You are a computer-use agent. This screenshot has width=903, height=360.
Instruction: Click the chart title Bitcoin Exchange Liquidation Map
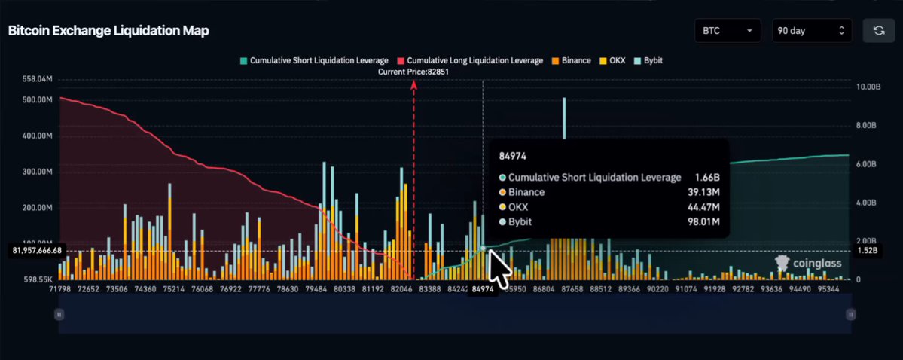108,31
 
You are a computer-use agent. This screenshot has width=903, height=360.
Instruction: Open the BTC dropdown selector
728,31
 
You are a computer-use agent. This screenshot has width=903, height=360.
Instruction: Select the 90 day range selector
812,31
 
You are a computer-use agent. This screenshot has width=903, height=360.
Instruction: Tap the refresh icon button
879,31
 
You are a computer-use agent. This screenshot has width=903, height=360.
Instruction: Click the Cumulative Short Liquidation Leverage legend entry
315,60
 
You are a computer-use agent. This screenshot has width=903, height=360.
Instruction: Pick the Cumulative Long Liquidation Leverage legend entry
470,60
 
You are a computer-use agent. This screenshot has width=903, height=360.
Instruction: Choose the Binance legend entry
572,60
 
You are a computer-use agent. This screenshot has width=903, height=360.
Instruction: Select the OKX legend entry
612,60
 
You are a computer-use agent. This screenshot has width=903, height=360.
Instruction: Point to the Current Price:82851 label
413,72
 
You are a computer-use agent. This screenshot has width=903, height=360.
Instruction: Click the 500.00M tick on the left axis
38,99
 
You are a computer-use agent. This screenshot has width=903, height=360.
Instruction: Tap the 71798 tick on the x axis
59,289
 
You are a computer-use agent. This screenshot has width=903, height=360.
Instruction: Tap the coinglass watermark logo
809,264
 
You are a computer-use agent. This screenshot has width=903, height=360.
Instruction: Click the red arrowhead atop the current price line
413,84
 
